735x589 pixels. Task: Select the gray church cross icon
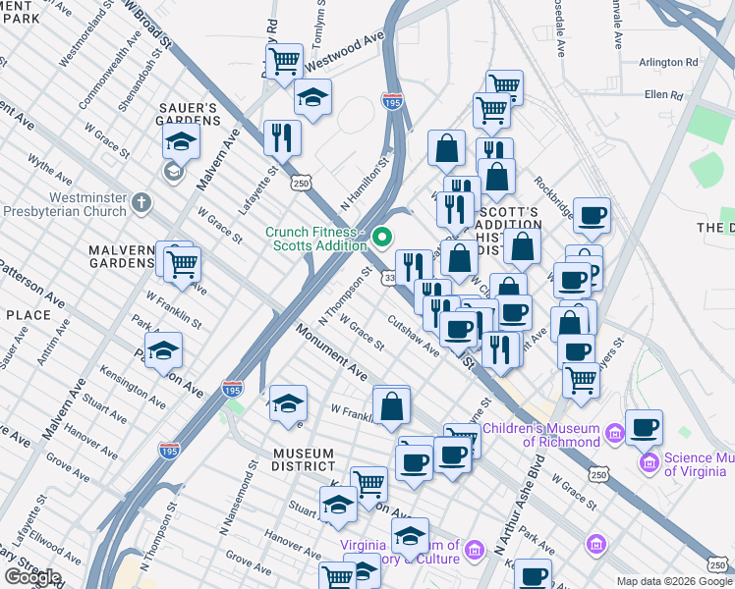pos(142,203)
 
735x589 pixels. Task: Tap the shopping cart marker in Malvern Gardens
pos(182,264)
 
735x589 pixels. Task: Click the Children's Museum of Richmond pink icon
pos(614,433)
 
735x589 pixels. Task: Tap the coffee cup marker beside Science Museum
pos(644,427)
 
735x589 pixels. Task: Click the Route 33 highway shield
pos(389,279)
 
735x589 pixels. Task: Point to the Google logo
pos(32,576)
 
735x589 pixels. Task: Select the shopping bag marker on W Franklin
pos(391,404)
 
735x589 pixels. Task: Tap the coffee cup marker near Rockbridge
pos(591,215)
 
